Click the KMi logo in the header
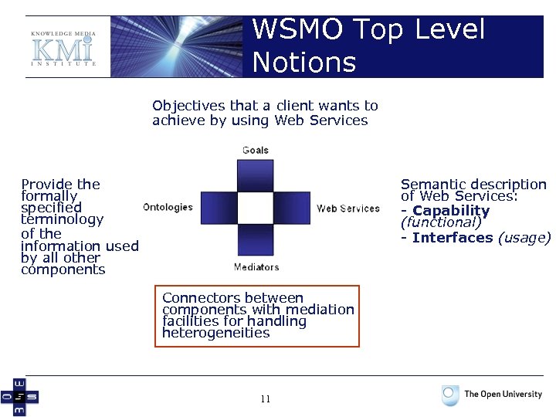pyautogui.click(x=63, y=48)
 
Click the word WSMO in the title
pyautogui.click(x=297, y=30)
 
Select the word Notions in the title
pyautogui.click(x=303, y=63)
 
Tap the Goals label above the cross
pyautogui.click(x=256, y=150)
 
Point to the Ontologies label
pyautogui.click(x=168, y=207)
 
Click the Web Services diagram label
pyautogui.click(x=347, y=208)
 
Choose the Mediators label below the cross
pyautogui.click(x=256, y=267)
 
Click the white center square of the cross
pyautogui.click(x=256, y=208)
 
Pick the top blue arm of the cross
pyautogui.click(x=256, y=175)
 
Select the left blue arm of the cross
pyautogui.click(x=219, y=208)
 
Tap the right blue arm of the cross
pyautogui.click(x=293, y=208)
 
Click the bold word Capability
pyautogui.click(x=451, y=211)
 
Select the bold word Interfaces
pyautogui.click(x=453, y=238)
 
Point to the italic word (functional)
pyautogui.click(x=440, y=223)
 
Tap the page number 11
pyautogui.click(x=265, y=399)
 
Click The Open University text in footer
pyautogui.click(x=503, y=395)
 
